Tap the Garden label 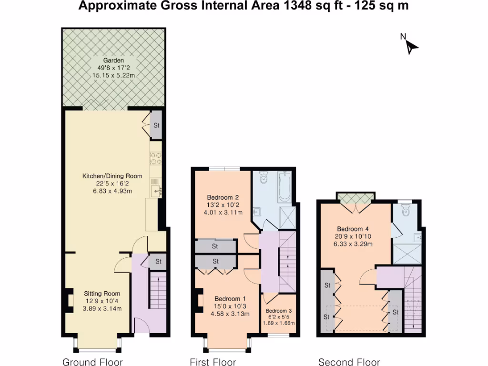pyautogui.click(x=113, y=61)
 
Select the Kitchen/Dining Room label pyautogui.click(x=112, y=176)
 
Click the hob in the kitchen pyautogui.click(x=156, y=158)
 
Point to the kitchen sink pyautogui.click(x=156, y=191)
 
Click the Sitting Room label pyautogui.click(x=102, y=294)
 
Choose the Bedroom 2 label pyautogui.click(x=223, y=197)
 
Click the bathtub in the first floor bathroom pyautogui.click(x=284, y=187)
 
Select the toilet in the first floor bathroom pyautogui.click(x=263, y=177)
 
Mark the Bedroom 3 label pyautogui.click(x=278, y=311)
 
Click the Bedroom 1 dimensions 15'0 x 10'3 pyautogui.click(x=230, y=306)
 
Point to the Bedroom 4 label pyautogui.click(x=353, y=229)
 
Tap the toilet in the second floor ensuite pyautogui.click(x=406, y=210)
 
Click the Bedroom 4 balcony pyautogui.click(x=356, y=198)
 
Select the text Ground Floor pyautogui.click(x=92, y=362)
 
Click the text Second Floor pyautogui.click(x=349, y=362)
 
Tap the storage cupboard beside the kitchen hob pyautogui.click(x=156, y=125)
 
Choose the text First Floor pyautogui.click(x=213, y=362)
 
